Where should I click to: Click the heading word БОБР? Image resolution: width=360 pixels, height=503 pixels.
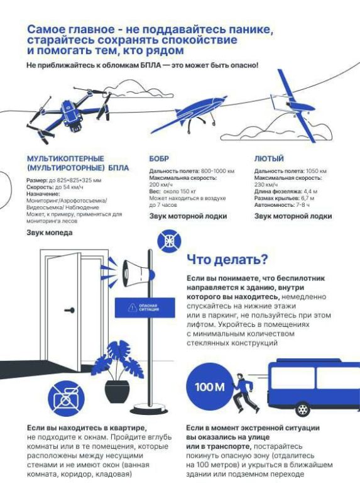tap(159, 159)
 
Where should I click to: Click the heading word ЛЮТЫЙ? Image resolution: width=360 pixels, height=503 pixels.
tap(269, 159)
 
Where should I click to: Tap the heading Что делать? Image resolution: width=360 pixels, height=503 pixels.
tap(227, 259)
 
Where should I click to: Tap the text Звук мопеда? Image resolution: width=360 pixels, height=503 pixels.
tap(49, 233)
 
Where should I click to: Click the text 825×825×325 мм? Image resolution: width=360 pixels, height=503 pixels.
tap(74, 180)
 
